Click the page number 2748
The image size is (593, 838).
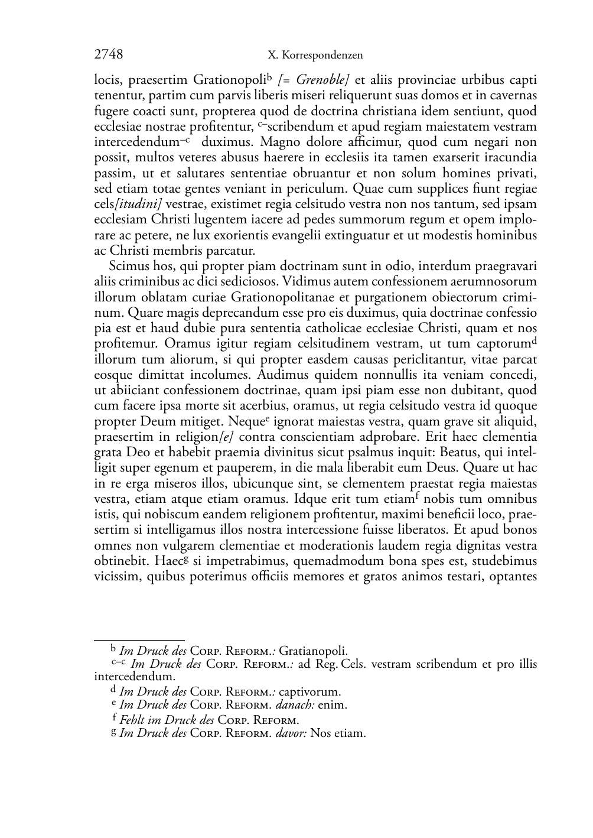109,55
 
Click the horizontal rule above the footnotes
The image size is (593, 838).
139,639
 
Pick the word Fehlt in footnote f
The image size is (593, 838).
132,720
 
